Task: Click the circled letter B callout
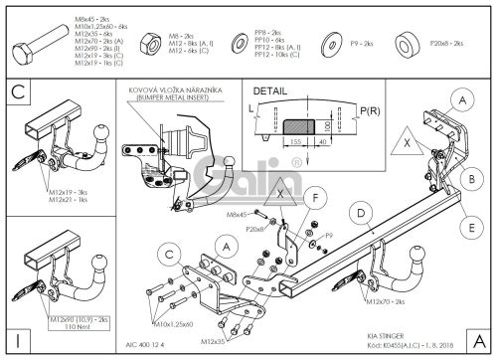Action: pos(466,177)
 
